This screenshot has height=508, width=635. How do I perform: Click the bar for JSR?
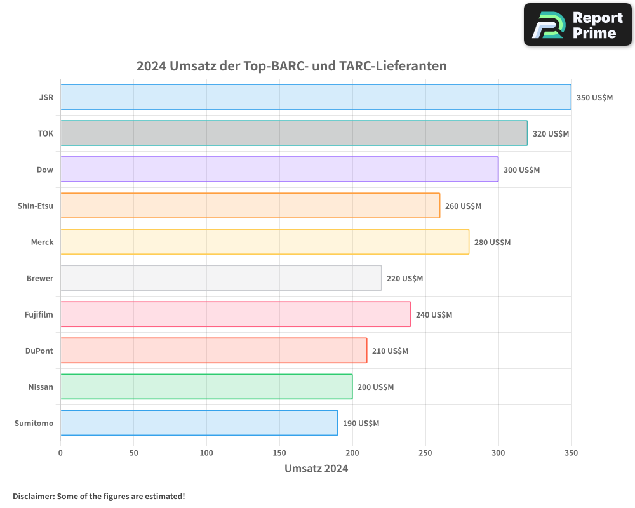pos(316,97)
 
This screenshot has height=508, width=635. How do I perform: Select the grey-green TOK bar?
pos(293,133)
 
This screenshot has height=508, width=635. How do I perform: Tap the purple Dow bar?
pos(279,170)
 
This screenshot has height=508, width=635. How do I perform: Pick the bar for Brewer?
pos(221,278)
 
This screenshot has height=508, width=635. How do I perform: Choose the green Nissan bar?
pos(206,387)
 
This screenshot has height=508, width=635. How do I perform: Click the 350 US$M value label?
pos(594,98)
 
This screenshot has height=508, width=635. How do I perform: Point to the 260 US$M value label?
pos(463,206)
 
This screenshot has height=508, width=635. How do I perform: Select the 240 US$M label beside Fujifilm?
pos(434,315)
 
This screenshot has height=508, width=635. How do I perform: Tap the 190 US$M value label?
pos(361,424)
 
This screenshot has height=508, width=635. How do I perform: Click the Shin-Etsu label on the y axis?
pos(36,206)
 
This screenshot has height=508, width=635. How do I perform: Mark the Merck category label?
pos(42,242)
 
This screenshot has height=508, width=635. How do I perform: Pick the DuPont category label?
pos(39,351)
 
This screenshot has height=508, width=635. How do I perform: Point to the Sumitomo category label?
pos(34,423)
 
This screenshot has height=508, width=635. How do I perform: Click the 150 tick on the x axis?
pos(279,453)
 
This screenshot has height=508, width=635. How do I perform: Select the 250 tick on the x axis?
pos(425,453)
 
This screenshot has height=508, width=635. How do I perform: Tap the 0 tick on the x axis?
pos(60,453)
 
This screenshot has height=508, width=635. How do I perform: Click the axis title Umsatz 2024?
pos(316,469)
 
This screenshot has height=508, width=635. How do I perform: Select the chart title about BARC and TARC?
pos(291,66)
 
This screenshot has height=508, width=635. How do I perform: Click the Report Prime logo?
pos(577,25)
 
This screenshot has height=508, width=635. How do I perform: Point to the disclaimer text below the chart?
pos(98,496)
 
